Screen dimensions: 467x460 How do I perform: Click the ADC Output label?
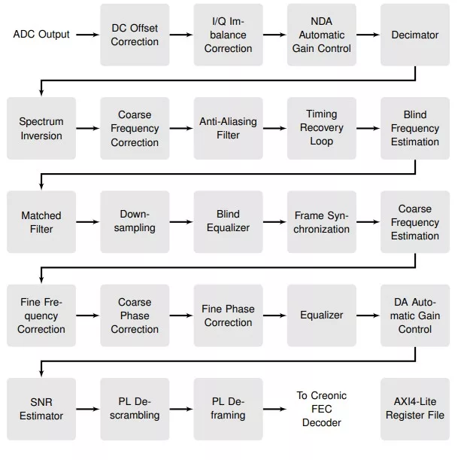pyautogui.click(x=41, y=35)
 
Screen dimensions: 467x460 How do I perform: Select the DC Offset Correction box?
pyautogui.click(x=135, y=35)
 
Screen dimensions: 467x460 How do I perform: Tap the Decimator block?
pyautogui.click(x=415, y=35)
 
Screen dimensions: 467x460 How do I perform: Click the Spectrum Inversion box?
pyautogui.click(x=41, y=128)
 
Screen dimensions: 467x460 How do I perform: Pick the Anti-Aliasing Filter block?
pyautogui.click(x=228, y=128)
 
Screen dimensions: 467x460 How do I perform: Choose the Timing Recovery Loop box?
pyautogui.click(x=322, y=128)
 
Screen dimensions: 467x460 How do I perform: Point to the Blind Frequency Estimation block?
pyautogui.click(x=415, y=128)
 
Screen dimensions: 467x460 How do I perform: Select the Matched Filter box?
pyautogui.click(x=41, y=222)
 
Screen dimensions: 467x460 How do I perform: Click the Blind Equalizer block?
pyautogui.click(x=228, y=222)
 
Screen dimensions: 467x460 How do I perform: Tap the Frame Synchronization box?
pyautogui.click(x=322, y=222)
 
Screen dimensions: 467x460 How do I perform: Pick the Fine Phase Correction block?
pyautogui.click(x=228, y=315)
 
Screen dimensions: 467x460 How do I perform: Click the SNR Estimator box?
pyautogui.click(x=41, y=409)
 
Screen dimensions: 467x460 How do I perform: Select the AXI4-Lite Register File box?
pyautogui.click(x=415, y=409)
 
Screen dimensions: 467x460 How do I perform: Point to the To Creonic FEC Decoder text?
pyautogui.click(x=322, y=409)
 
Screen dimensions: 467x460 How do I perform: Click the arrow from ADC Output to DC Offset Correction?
pyautogui.click(x=87, y=35)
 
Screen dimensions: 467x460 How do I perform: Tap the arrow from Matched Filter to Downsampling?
pyautogui.click(x=87, y=222)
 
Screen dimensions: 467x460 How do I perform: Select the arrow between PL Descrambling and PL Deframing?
pyautogui.click(x=181, y=409)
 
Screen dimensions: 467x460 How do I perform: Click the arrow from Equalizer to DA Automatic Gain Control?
pyautogui.click(x=368, y=315)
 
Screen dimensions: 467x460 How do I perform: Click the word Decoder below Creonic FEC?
pyautogui.click(x=322, y=422)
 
